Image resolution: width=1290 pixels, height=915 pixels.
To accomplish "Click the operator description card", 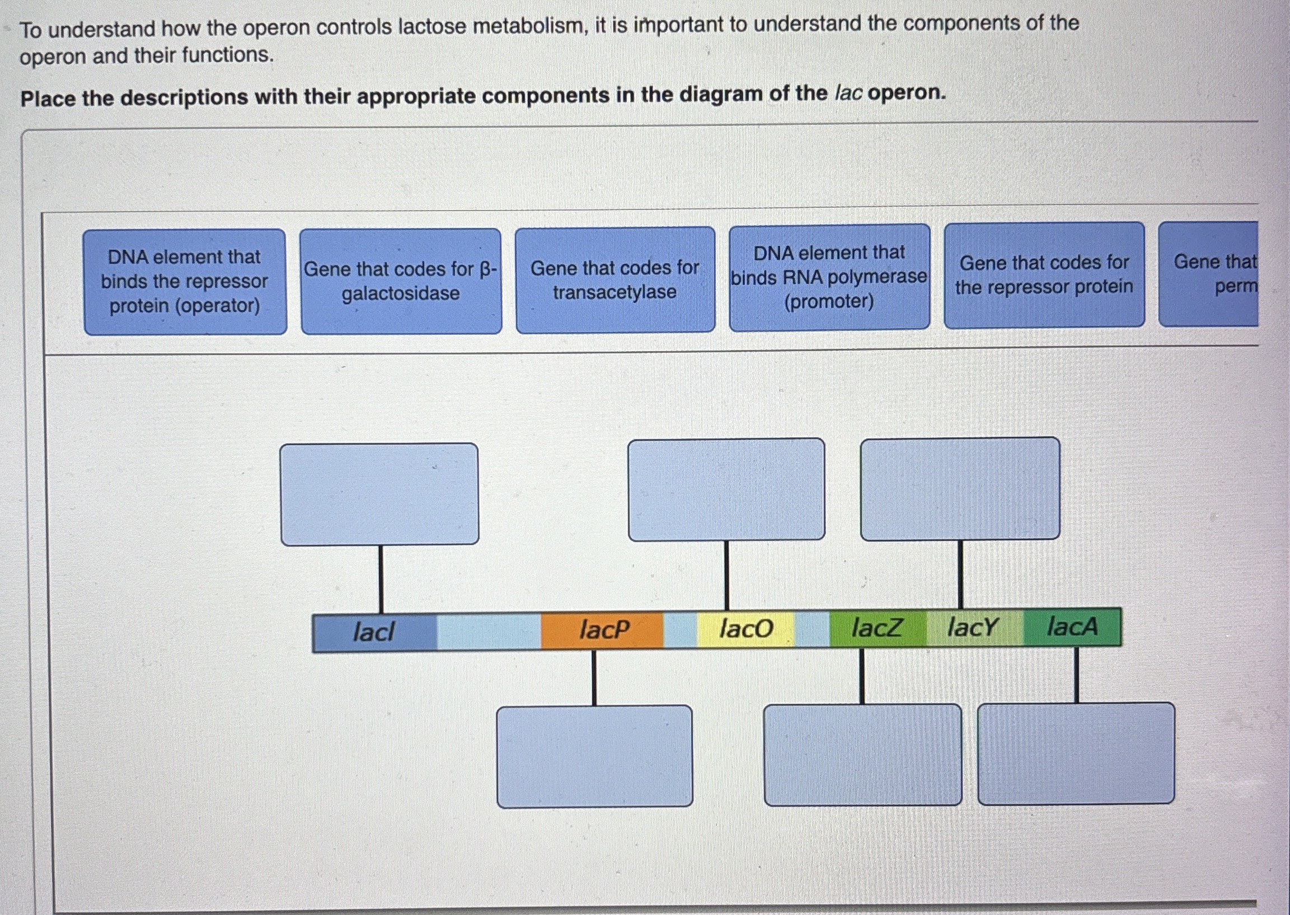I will pyautogui.click(x=185, y=281).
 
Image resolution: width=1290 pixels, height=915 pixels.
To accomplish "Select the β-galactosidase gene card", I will pyautogui.click(x=401, y=281).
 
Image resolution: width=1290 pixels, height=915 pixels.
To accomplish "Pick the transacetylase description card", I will pyautogui.click(x=615, y=279).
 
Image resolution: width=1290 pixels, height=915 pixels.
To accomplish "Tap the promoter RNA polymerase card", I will pyautogui.click(x=829, y=277).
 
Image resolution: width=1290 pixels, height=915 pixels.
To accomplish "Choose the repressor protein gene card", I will pyautogui.click(x=1044, y=275).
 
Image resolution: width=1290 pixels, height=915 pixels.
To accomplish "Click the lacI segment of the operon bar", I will pyautogui.click(x=374, y=632).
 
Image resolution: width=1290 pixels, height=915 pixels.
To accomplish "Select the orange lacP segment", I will pyautogui.click(x=603, y=629).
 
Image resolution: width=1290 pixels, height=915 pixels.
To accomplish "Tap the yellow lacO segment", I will pyautogui.click(x=745, y=628).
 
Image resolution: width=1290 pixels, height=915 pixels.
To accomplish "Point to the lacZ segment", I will pyautogui.click(x=877, y=627).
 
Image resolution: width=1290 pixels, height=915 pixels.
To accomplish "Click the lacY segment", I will pyautogui.click(x=973, y=627).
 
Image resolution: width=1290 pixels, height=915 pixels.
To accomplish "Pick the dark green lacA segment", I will pyautogui.click(x=1072, y=626).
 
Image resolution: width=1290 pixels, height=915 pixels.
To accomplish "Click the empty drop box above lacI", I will pyautogui.click(x=379, y=494).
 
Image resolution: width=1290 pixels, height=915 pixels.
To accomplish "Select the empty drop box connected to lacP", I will pyautogui.click(x=594, y=755).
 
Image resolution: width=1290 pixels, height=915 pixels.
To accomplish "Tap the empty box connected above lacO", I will pyautogui.click(x=726, y=489).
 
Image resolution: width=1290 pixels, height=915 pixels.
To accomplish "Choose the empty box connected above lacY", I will pyautogui.click(x=959, y=488).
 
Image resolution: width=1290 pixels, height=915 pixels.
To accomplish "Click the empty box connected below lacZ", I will pyautogui.click(x=862, y=754).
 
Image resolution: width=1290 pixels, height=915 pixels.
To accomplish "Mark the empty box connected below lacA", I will pyautogui.click(x=1076, y=753).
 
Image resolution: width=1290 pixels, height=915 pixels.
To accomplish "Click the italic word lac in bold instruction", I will pyautogui.click(x=848, y=94).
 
